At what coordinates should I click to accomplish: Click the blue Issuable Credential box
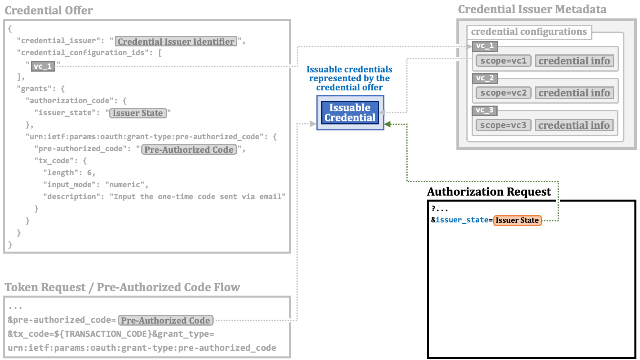[x=350, y=113]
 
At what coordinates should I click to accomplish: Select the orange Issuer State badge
[x=517, y=220]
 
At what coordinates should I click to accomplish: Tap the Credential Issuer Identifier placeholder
[x=176, y=42]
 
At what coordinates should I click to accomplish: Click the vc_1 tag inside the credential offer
[x=43, y=66]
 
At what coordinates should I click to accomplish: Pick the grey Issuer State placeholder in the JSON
[x=138, y=113]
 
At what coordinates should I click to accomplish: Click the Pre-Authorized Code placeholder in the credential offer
[x=189, y=150]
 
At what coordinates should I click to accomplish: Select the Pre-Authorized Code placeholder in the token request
[x=166, y=320]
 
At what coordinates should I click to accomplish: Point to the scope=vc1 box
[x=503, y=61]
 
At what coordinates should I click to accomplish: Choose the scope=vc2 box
[x=503, y=93]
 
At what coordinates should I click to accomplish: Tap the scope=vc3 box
[x=503, y=125]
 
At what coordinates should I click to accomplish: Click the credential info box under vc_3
[x=574, y=125]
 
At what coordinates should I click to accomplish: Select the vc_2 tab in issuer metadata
[x=484, y=78]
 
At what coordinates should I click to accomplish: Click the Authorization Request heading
[x=489, y=192]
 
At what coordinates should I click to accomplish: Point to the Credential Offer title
[x=49, y=10]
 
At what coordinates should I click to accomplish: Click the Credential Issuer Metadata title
[x=532, y=10]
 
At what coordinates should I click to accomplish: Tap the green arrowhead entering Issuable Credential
[x=388, y=124]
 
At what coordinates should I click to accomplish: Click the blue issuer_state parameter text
[x=462, y=220]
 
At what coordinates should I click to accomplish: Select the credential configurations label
[x=528, y=32]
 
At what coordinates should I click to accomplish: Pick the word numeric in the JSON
[x=125, y=185]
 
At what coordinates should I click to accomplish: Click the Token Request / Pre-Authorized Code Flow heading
[x=122, y=287]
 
